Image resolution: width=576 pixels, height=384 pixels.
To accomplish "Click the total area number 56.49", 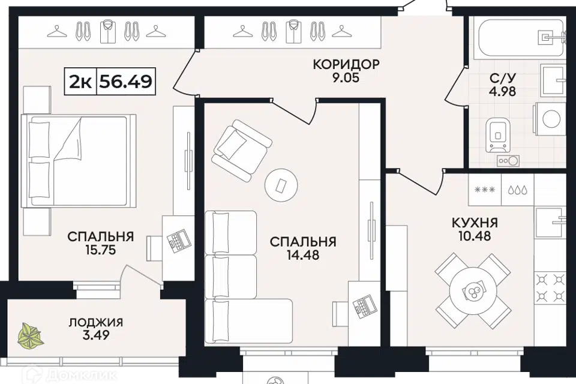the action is tap(125, 81).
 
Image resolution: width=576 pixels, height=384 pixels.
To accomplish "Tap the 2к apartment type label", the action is tap(80, 82).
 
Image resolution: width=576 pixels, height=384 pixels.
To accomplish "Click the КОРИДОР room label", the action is tap(346, 64).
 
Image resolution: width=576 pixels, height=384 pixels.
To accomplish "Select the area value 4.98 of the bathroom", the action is tap(502, 91).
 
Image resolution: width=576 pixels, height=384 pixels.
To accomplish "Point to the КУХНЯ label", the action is tap(475, 223).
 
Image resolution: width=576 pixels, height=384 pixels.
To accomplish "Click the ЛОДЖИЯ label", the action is tap(96, 323).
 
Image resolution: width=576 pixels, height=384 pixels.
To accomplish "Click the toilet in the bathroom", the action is tap(498, 135).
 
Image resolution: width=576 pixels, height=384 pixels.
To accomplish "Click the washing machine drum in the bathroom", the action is tap(551, 119).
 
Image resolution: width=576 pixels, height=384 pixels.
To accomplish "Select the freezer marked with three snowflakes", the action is tap(485, 190).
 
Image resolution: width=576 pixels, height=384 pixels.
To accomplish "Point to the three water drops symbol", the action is tap(518, 190).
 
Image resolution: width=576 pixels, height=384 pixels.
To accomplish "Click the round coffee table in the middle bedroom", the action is tap(281, 185).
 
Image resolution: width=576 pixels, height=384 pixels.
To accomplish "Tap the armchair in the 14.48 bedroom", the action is tap(241, 150).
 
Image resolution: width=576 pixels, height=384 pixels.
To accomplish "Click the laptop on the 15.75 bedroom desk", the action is tap(179, 241).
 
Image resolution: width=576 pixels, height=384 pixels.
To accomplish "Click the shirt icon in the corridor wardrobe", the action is tap(293, 31).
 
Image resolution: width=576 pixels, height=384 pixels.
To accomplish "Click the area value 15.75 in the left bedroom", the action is tap(101, 250).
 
